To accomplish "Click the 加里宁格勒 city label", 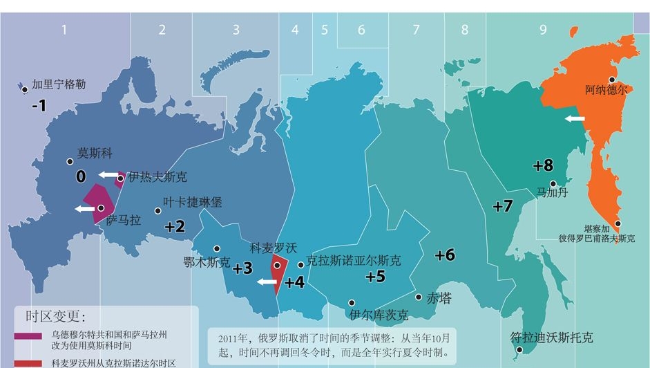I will click(59, 85).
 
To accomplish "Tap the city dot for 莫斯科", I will click(70, 162).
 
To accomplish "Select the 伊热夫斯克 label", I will click(157, 177).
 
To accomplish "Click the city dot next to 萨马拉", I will click(101, 208).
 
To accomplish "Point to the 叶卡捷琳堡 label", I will click(193, 203).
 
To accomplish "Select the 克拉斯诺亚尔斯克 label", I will click(354, 261).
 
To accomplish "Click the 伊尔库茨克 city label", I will click(379, 315).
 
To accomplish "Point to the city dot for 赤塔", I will click(419, 297).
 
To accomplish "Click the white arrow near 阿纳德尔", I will click(574, 118).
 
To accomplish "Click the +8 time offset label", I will click(544, 165).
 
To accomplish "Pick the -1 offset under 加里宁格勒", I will click(39, 106).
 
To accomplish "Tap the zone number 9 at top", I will click(544, 30).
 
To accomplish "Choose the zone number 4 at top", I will click(295, 30).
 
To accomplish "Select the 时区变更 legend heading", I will click(56, 317).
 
